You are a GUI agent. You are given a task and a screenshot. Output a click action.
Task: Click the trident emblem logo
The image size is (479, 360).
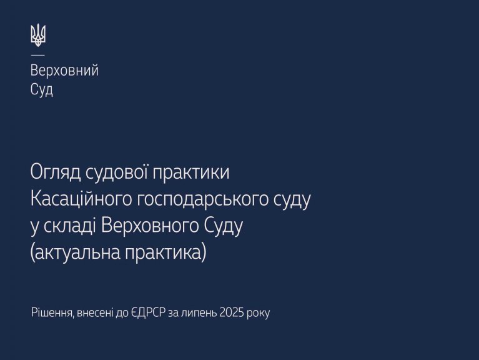tap(38, 35)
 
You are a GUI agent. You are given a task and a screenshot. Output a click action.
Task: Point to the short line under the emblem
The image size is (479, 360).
tap(37, 56)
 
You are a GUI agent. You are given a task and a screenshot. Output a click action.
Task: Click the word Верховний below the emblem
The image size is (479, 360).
tap(64, 70)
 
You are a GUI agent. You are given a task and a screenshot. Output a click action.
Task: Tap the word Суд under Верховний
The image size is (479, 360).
tap(42, 89)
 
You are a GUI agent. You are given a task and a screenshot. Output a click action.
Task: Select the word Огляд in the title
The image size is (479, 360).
tap(56, 172)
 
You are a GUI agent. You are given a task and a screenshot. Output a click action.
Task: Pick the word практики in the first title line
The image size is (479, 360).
tap(191, 172)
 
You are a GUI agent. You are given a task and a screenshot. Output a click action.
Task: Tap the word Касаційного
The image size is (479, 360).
tap(81, 199)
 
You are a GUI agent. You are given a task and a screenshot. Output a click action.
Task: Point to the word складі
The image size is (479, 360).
tap(70, 226)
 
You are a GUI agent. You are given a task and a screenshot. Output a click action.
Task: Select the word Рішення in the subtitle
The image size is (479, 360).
tap(52, 312)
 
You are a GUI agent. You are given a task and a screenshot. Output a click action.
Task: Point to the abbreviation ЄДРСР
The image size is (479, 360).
tap(149, 313)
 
